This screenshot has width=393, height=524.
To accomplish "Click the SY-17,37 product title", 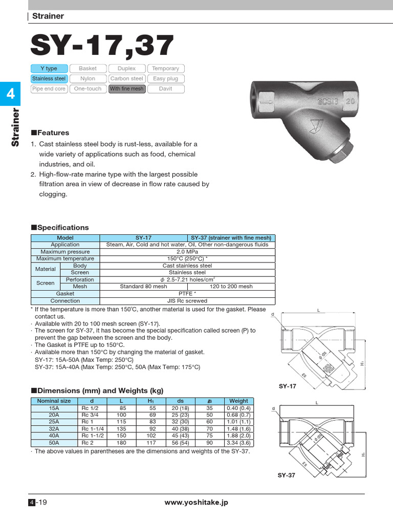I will click(102, 46).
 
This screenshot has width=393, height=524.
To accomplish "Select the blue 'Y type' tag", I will click(49, 69).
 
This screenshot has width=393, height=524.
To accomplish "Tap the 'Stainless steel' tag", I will click(49, 79).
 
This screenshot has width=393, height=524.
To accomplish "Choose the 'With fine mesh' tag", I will click(127, 89).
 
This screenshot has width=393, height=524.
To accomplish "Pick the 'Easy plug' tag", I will click(165, 79).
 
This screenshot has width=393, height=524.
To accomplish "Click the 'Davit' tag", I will click(165, 89).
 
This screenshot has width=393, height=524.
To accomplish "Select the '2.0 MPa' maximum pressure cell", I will click(187, 252).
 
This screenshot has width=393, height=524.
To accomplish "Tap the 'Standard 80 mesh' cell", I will click(143, 287).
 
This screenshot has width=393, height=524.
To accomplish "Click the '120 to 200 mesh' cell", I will click(231, 287).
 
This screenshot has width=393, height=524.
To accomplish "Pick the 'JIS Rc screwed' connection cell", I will click(187, 301).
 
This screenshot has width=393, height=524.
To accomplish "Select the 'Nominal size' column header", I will click(54, 401).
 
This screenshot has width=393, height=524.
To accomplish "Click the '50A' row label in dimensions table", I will click(54, 443).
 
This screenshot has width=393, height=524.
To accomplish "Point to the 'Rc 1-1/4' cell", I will click(92, 429).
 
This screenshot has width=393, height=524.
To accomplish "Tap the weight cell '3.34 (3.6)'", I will click(238, 443).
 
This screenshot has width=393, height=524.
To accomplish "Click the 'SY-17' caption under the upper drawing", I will click(288, 386).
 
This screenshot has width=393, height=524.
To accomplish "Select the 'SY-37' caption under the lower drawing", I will click(287, 475).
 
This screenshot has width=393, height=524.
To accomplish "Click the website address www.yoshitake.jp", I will click(196, 503).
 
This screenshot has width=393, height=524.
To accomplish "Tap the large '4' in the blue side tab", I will click(10, 94).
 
